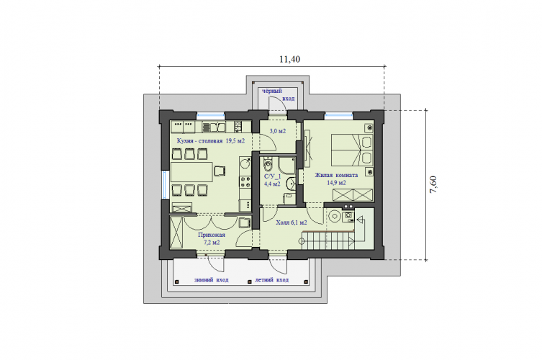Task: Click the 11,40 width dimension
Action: click(289, 60)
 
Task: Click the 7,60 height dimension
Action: click(433, 184)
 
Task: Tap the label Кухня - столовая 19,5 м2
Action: click(211, 140)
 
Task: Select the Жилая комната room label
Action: click(336, 179)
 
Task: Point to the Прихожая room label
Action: click(212, 238)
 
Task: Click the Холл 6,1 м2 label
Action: click(292, 222)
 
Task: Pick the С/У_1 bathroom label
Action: click(272, 180)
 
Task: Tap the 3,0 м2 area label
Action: click(278, 131)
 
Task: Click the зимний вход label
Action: click(211, 280)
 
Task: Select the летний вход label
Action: click(271, 280)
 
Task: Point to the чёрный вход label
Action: click(279, 94)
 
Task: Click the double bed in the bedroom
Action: click(352, 150)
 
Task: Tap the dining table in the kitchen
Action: click(191, 172)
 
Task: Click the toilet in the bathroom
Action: click(268, 164)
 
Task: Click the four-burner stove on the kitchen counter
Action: click(245, 181)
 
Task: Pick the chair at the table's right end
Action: click(220, 171)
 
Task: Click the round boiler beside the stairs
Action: click(334, 217)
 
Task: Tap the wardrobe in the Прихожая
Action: click(176, 232)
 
